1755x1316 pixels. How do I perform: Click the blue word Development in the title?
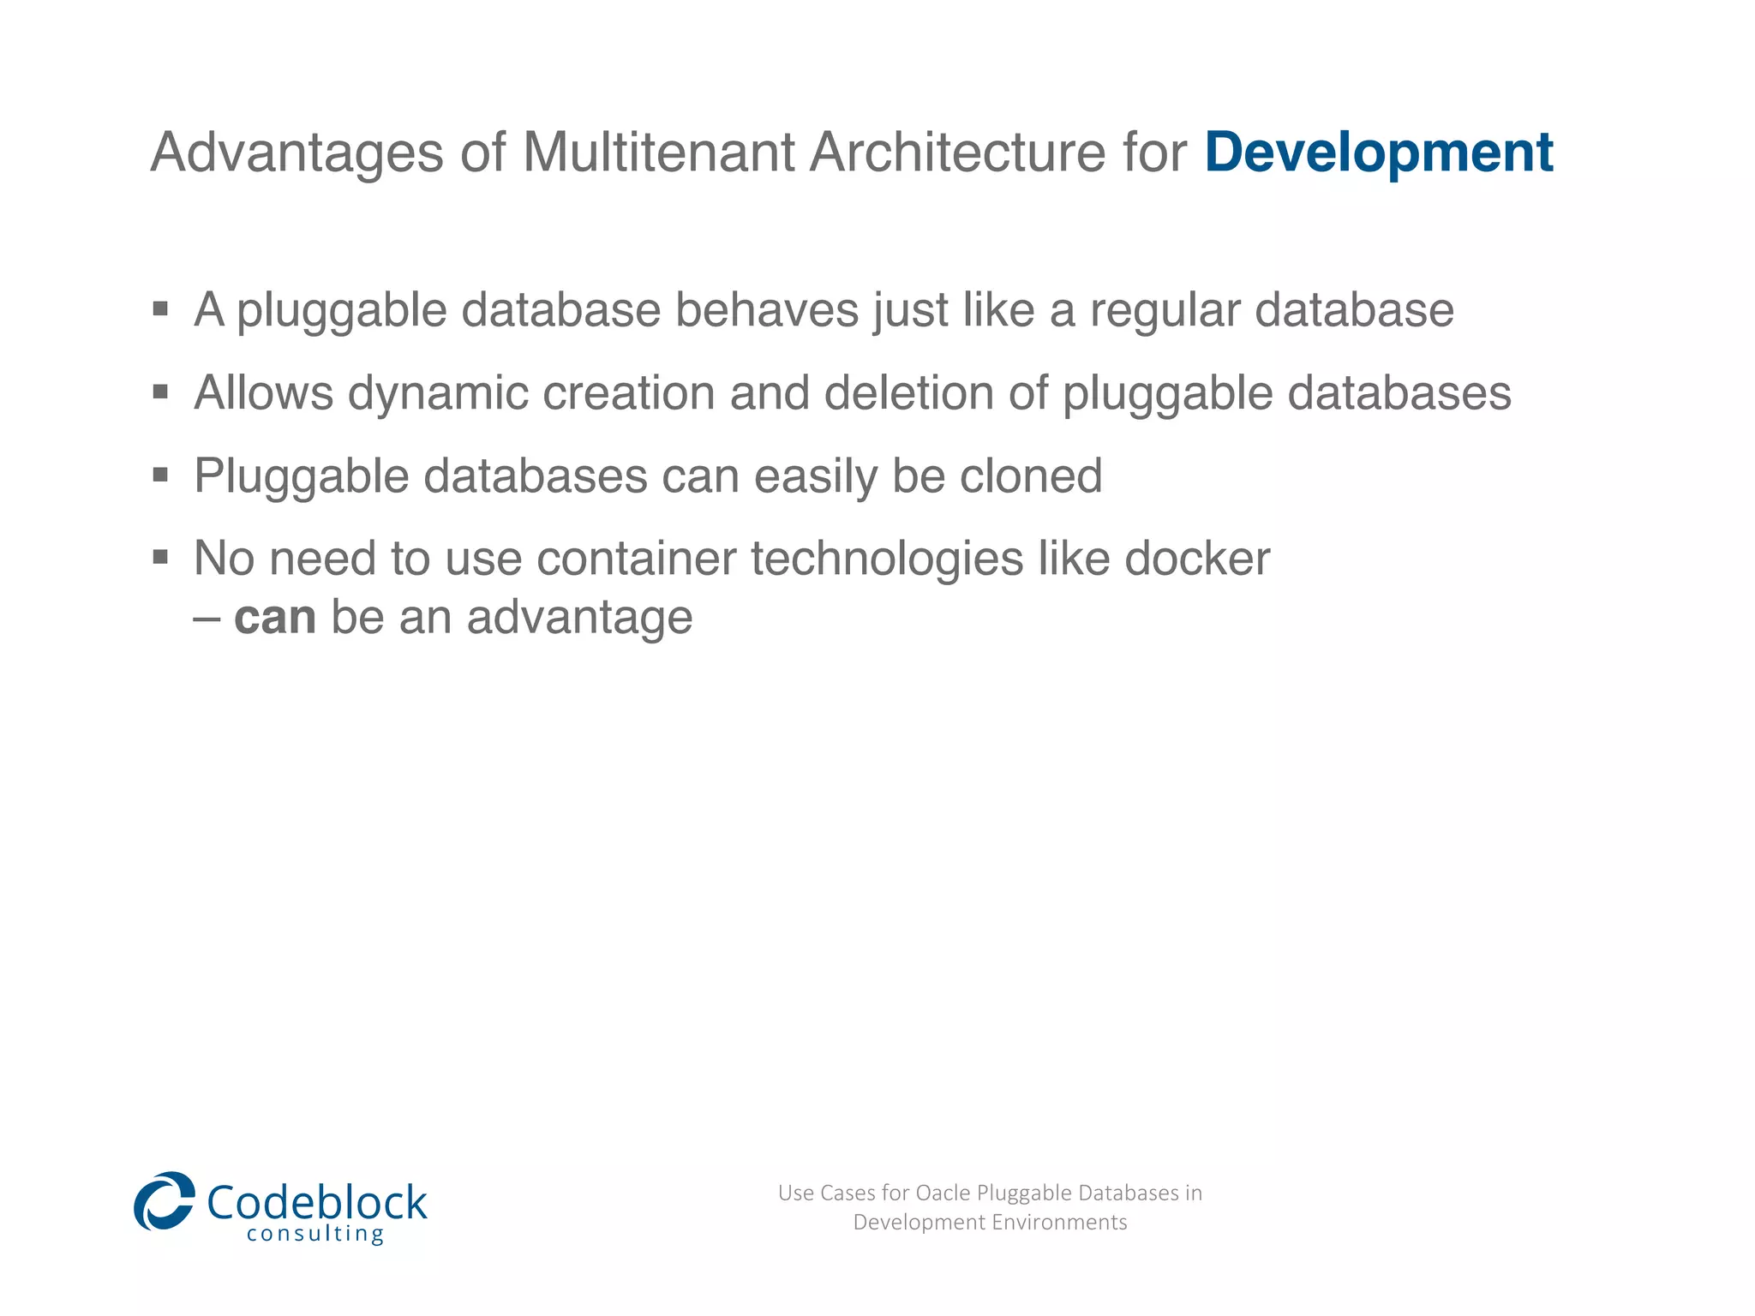1378,153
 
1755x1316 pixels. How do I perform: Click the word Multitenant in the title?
658,153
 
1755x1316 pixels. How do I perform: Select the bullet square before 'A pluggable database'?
160,308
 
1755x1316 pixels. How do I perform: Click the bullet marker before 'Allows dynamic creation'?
160,392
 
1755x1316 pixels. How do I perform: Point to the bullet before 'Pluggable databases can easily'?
160,475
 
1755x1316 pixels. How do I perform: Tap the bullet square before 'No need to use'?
160,558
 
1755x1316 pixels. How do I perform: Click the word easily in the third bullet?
815,477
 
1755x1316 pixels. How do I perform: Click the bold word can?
275,618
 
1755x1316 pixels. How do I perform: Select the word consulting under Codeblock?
315,1235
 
